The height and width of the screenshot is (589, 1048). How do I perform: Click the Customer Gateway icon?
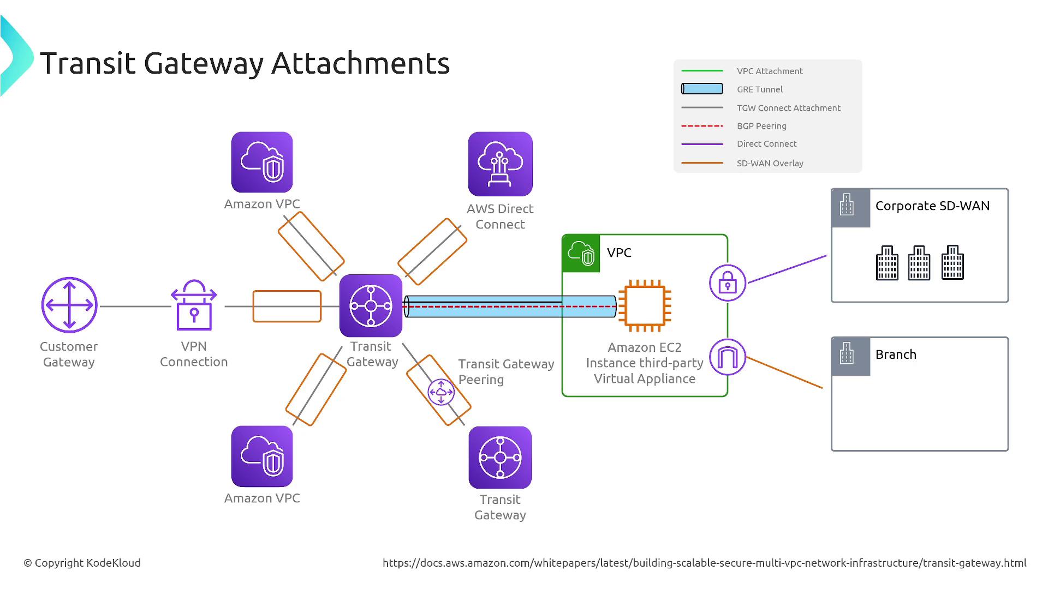click(x=69, y=305)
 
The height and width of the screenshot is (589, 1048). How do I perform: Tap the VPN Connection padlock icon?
click(x=194, y=306)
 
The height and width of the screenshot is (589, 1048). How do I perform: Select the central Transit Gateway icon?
click(x=371, y=305)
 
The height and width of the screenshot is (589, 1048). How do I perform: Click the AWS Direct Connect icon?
click(x=500, y=164)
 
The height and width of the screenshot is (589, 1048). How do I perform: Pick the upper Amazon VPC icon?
click(x=262, y=162)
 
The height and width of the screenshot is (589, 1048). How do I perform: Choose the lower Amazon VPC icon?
click(x=262, y=456)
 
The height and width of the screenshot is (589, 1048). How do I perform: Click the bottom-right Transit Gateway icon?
click(x=500, y=458)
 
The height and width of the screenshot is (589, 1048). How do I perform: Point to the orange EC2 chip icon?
click(x=645, y=306)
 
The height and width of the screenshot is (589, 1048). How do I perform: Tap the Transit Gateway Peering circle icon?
click(x=441, y=392)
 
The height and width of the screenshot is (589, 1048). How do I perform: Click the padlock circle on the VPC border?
click(x=728, y=283)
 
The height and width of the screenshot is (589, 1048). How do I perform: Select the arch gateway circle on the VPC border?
click(x=728, y=357)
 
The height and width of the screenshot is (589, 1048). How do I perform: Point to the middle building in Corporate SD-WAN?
click(x=919, y=263)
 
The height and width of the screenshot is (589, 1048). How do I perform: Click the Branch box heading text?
click(x=896, y=354)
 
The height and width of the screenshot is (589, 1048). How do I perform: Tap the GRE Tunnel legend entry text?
click(x=759, y=89)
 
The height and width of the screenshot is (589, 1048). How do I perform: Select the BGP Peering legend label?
click(x=761, y=126)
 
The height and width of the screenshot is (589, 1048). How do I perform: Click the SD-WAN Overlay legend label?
click(x=770, y=163)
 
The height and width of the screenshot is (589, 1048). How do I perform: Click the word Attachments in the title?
click(x=360, y=63)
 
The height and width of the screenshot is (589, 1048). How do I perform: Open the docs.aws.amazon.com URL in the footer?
click(x=704, y=563)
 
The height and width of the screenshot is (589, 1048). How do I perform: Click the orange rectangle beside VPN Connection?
click(x=287, y=306)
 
